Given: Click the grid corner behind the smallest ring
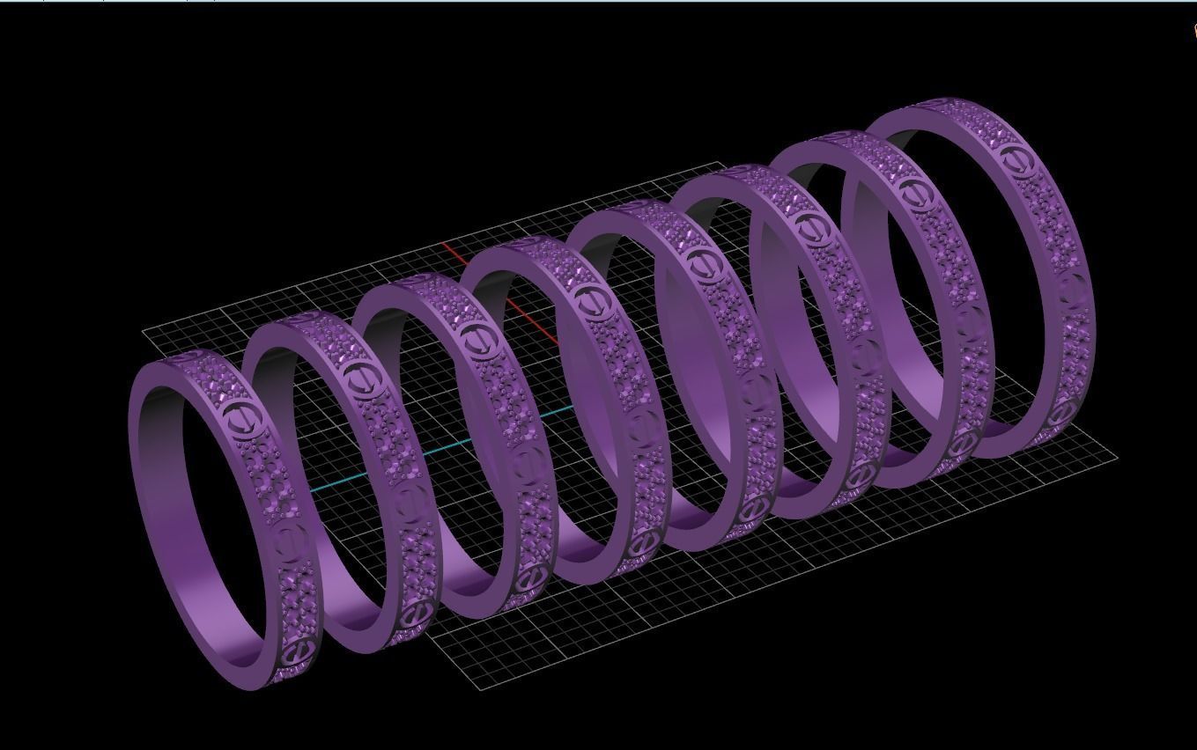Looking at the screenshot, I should coord(144,331).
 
